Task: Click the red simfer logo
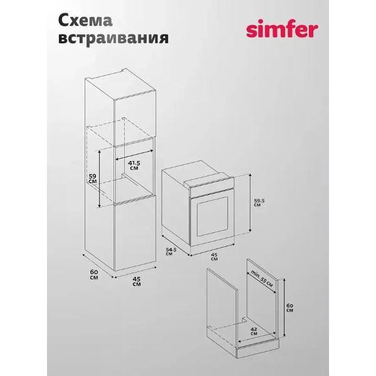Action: (282, 30)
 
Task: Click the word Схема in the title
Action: (85, 21)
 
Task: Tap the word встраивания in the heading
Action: (113, 38)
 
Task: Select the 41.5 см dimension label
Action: (134, 165)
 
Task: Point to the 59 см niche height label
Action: (93, 179)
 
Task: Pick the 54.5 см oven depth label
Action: (171, 251)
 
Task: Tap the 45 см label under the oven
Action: (214, 256)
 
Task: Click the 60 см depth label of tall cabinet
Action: (94, 274)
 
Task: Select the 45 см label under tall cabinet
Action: (137, 281)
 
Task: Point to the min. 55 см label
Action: (261, 278)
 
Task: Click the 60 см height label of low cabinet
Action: (290, 308)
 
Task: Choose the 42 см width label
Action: (254, 331)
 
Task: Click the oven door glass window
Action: (212, 217)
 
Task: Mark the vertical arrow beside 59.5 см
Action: (250, 202)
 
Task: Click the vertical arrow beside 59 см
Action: (100, 179)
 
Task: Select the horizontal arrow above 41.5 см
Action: (134, 155)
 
